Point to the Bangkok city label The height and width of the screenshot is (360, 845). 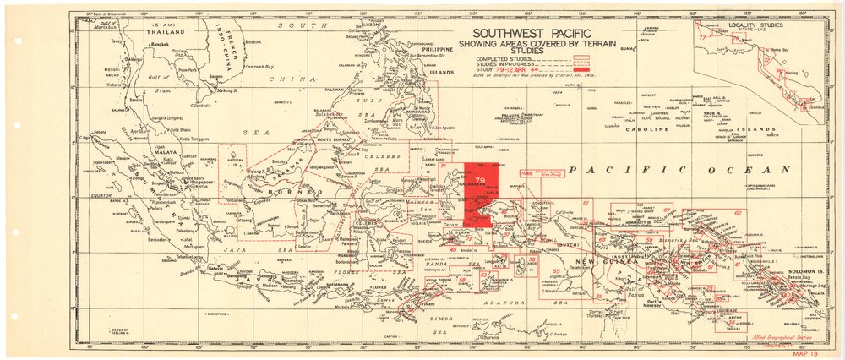[160, 43]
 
